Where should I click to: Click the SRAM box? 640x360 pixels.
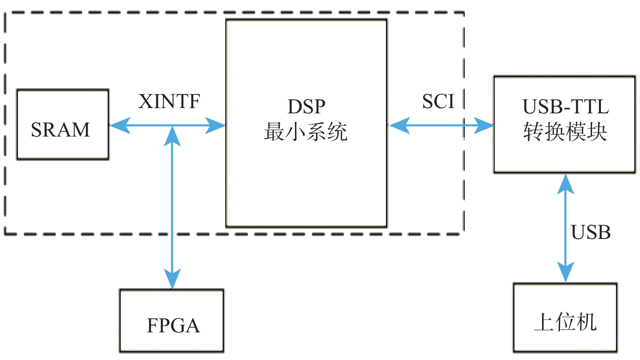(63, 124)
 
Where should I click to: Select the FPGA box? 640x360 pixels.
(171, 320)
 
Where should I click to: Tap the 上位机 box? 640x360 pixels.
(565, 317)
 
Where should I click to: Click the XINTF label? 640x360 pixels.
(169, 102)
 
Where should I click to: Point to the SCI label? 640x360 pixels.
(438, 102)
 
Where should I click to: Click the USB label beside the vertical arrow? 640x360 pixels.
(590, 232)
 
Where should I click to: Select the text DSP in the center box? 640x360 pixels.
(306, 107)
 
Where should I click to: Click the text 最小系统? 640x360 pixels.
(306, 132)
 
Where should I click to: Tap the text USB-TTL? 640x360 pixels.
(565, 107)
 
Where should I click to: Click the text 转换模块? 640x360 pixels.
(565, 132)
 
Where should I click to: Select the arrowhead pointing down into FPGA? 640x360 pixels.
(172, 280)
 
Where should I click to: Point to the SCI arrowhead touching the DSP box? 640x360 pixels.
(398, 126)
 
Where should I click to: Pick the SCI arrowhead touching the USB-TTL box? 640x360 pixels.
(484, 126)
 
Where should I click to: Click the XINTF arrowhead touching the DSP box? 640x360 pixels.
(216, 126)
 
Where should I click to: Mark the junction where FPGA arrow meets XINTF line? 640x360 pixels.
(172, 126)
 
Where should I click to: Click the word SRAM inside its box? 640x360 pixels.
(60, 130)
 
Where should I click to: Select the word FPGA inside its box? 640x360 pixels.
(173, 325)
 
